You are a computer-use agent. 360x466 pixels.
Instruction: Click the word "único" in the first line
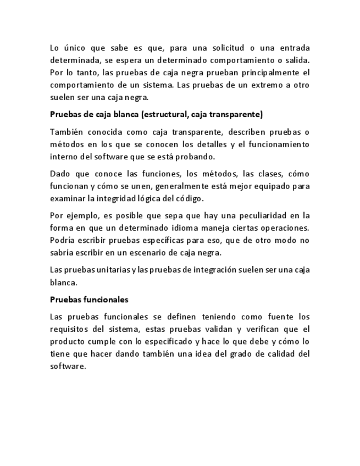click(x=74, y=48)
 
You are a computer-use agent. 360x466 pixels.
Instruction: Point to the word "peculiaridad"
click(x=252, y=215)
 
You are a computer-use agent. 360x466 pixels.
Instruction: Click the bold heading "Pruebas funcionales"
click(x=89, y=299)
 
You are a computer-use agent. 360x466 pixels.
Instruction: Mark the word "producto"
click(x=68, y=342)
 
